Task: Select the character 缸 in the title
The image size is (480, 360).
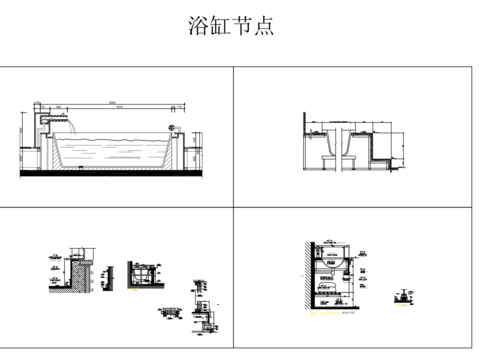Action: point(221,26)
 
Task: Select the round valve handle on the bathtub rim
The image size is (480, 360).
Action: point(174,127)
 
